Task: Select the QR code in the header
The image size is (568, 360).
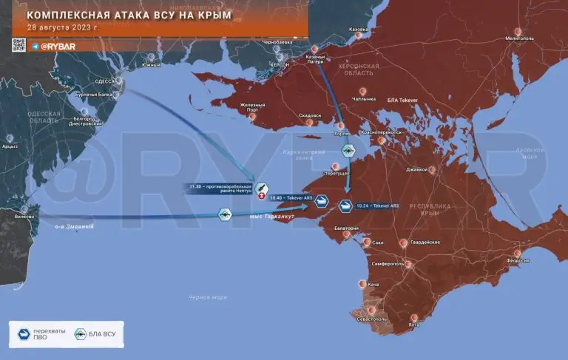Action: [x=18, y=46]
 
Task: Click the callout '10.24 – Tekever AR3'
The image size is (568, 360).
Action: [x=378, y=206]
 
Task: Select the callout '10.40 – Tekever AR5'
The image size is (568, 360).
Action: [x=291, y=198]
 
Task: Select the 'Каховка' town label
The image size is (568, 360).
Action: [x=357, y=29]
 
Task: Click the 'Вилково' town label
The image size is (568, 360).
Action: [x=24, y=217]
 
